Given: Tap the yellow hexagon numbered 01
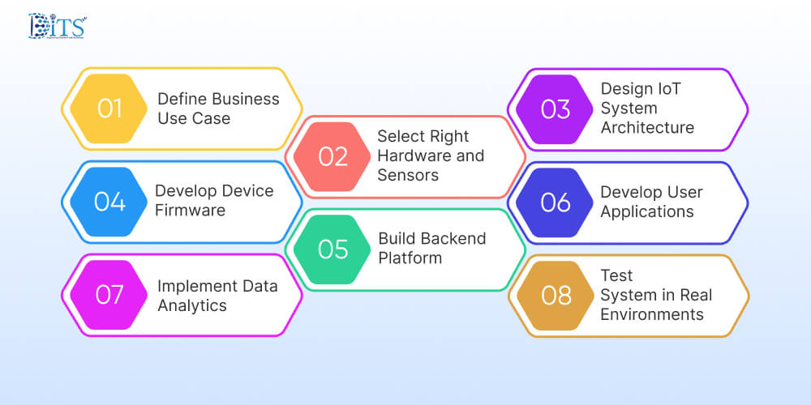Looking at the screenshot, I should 109,109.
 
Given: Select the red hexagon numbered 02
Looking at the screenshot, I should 333,156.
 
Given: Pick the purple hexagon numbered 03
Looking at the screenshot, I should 556,109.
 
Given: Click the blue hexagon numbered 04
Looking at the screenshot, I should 109,201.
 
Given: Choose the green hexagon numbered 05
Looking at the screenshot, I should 333,249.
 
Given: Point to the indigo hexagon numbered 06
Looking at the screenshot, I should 556,202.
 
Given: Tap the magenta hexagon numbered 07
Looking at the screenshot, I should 109,294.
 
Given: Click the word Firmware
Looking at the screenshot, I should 190,211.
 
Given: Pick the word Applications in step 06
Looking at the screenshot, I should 647,211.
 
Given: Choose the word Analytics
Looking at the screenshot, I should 192,305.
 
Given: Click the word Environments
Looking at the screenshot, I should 652,314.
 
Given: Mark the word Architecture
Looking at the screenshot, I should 647,127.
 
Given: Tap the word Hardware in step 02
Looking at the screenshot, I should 413,156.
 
